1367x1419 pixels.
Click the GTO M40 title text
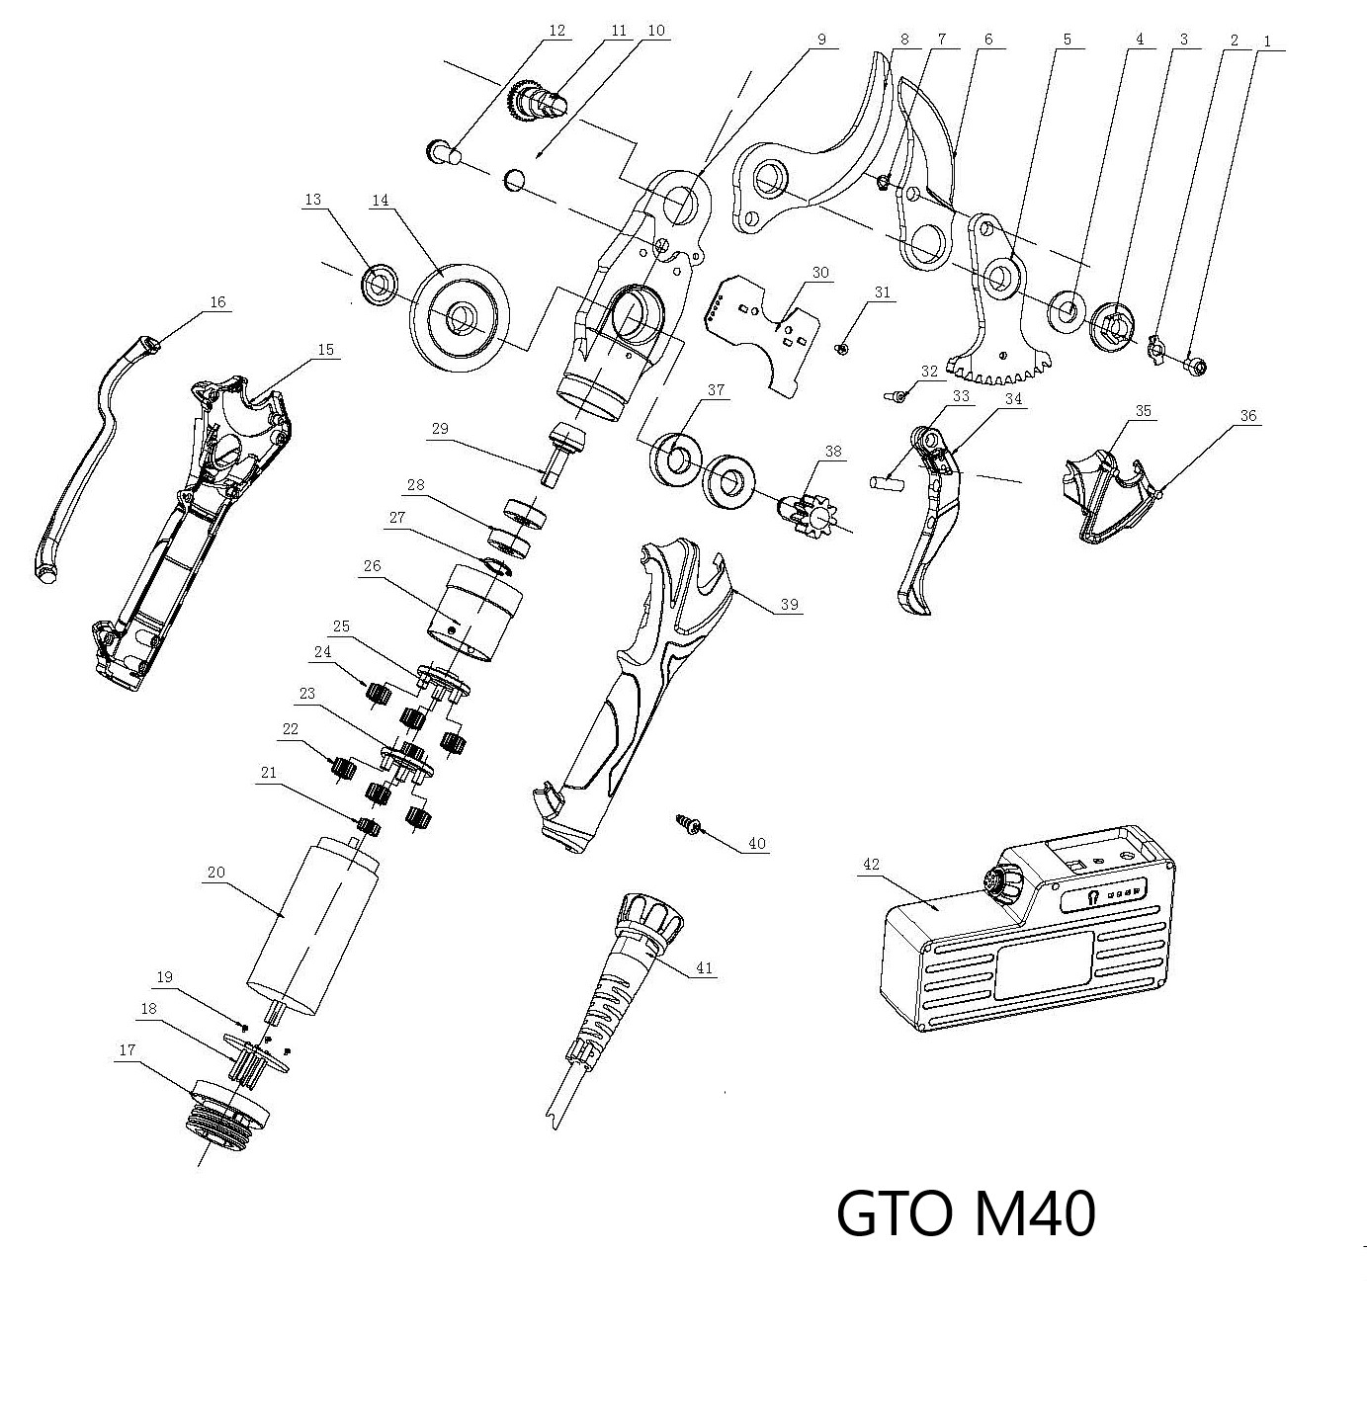(x=966, y=1214)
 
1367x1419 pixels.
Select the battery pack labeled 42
(x=1028, y=949)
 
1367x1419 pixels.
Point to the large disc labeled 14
(x=462, y=318)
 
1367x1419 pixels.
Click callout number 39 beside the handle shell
(x=789, y=605)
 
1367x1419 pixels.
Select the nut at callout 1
(x=1194, y=369)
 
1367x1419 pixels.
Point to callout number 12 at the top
(x=556, y=31)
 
